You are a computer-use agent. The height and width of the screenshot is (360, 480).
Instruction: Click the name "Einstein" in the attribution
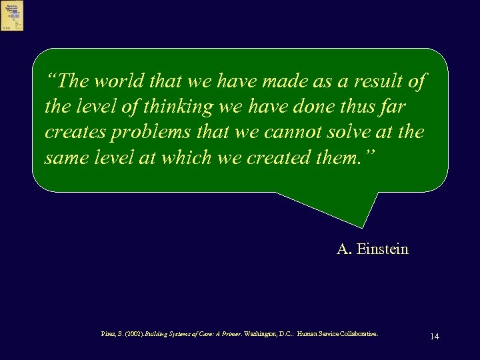(383, 250)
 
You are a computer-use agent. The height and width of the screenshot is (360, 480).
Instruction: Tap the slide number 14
(435, 336)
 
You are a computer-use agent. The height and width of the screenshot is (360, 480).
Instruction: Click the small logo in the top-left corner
(12, 15)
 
